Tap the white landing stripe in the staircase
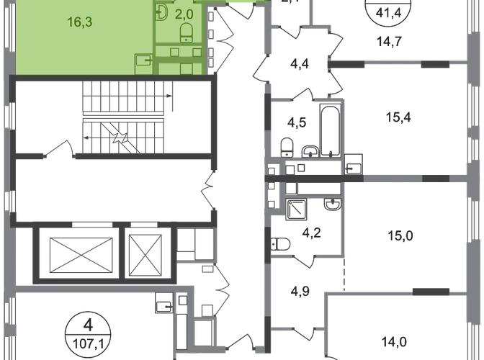(124, 115)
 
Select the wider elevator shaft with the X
(77, 253)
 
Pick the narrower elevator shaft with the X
(147, 253)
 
